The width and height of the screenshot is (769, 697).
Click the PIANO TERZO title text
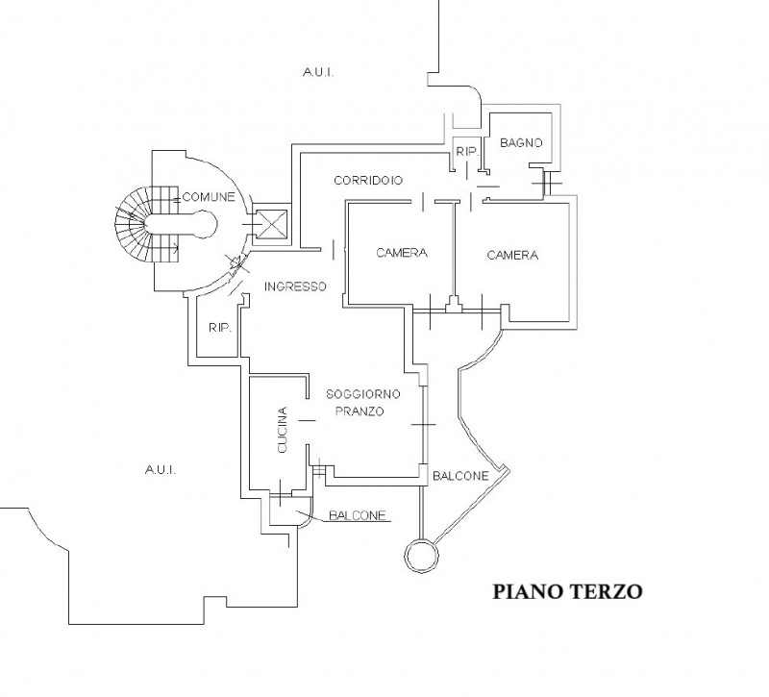point(566,590)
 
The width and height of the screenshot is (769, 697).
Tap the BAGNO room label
point(522,142)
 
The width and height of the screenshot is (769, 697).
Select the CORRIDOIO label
point(368,180)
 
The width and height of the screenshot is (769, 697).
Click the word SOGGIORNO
point(362,394)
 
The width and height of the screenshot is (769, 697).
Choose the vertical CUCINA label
point(283,431)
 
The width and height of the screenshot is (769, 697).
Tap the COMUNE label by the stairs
point(209,196)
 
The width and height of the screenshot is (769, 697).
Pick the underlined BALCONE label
point(358,515)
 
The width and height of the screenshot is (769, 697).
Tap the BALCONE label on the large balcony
point(460,476)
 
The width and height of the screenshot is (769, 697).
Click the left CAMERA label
point(402,254)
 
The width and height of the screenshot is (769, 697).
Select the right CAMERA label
point(512,255)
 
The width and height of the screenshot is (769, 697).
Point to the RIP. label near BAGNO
point(467,152)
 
